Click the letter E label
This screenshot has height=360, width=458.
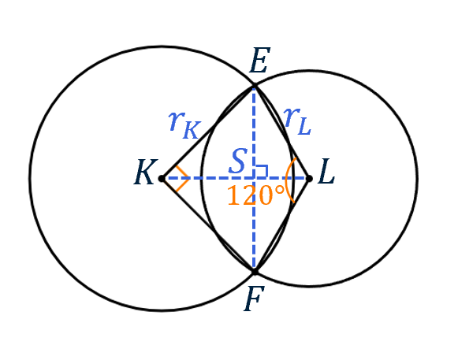[x=259, y=61]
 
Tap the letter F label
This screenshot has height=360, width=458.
[x=254, y=299]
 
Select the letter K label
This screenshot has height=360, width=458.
[x=146, y=172]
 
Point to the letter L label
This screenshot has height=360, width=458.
[x=326, y=172]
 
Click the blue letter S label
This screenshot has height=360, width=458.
[x=238, y=161]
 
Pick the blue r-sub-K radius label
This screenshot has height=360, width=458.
[x=184, y=125]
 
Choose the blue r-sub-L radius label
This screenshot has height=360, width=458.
[x=297, y=121]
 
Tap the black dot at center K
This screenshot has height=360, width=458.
[x=162, y=178]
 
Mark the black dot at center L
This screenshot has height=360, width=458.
[x=309, y=178]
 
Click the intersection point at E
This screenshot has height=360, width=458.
[x=255, y=86]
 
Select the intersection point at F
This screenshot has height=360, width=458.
[x=255, y=272]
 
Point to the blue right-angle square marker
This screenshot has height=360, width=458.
[x=262, y=171]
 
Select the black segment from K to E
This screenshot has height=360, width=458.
[x=207, y=132]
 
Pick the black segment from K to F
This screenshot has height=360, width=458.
[x=207, y=225]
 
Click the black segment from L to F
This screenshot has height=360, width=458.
[x=282, y=225]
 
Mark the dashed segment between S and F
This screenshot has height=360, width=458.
[x=255, y=225]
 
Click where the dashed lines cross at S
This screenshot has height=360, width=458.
[x=255, y=178]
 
